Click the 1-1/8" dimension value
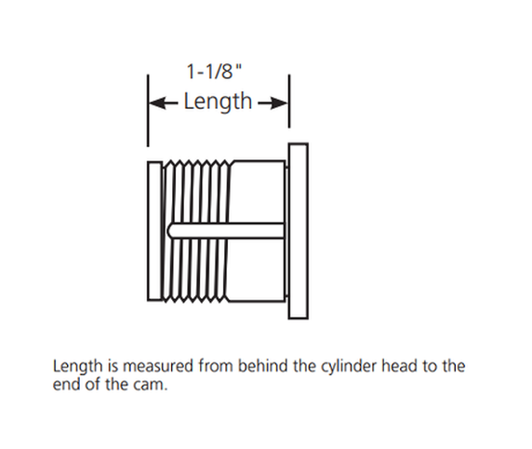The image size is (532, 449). point(215,72)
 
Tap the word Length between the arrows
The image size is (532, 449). point(218,101)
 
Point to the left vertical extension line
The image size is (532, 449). point(148,111)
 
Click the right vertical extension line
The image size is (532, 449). point(289,102)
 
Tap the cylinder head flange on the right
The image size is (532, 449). point(299,231)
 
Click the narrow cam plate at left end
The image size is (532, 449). point(154,231)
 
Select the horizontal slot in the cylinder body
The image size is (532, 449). point(226,230)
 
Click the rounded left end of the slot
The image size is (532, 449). point(169,230)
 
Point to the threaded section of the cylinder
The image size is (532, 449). point(197,231)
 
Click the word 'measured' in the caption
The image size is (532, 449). point(158,366)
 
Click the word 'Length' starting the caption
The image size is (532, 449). point(78,367)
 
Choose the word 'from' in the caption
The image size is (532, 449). point(215,366)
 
